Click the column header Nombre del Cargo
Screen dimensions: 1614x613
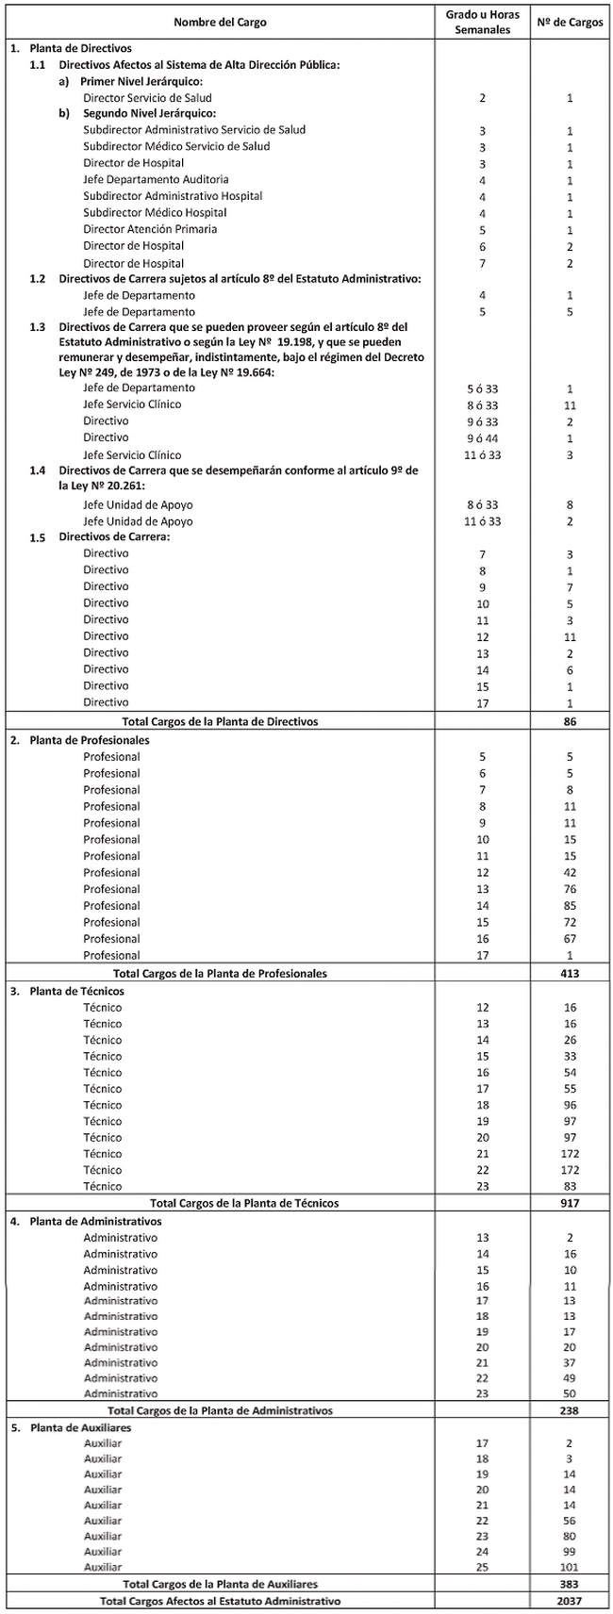[221, 21]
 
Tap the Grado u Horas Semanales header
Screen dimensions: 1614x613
[483, 22]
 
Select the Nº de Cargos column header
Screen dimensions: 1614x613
[569, 21]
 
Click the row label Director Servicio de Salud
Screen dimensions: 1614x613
[147, 97]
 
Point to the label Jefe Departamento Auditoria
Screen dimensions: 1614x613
[156, 179]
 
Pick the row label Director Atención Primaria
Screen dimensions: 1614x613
[150, 229]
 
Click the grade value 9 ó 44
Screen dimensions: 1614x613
[483, 438]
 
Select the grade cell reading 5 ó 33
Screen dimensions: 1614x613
[483, 388]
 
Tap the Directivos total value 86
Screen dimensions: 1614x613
[570, 721]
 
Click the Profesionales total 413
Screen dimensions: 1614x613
[570, 973]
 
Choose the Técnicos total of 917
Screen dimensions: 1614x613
[570, 1203]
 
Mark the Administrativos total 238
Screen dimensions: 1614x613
[570, 1411]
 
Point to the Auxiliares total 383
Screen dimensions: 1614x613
[570, 1585]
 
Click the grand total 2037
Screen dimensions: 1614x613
[570, 1601]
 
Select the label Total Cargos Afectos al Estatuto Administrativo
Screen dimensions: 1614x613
[221, 1601]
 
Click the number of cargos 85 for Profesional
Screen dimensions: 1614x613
[570, 906]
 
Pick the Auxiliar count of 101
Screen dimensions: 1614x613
[570, 1568]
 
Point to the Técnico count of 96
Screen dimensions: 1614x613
[570, 1105]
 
